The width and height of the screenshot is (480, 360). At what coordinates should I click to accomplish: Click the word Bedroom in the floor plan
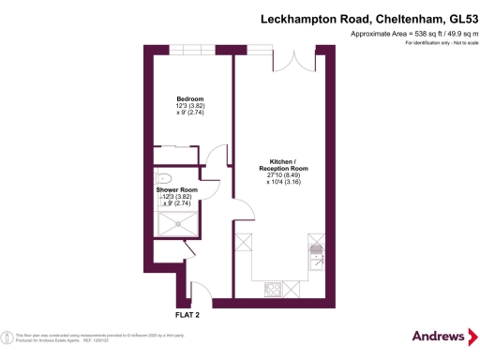[190, 98]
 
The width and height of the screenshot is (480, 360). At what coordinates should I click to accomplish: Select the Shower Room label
[176, 189]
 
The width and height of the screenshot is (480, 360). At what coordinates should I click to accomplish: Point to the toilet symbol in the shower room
[164, 176]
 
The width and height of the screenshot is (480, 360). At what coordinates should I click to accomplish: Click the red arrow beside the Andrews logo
[473, 336]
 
